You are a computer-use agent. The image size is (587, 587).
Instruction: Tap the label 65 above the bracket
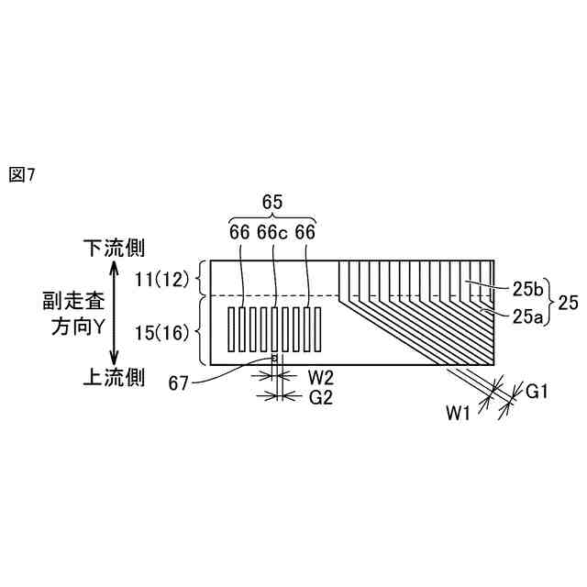[272, 202]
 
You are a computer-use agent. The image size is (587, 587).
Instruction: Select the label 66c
[272, 233]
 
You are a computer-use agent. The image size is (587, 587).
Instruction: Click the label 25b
[527, 290]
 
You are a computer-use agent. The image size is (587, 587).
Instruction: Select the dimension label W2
[321, 376]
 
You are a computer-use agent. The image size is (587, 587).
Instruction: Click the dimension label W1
[460, 414]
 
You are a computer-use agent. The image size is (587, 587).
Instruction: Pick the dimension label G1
[537, 392]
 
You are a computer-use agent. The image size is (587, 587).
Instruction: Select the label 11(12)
[160, 277]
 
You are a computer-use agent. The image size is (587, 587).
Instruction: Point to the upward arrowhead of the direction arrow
[113, 267]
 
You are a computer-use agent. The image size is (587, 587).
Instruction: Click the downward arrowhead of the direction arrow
[113, 360]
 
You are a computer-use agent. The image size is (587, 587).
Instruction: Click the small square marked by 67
[273, 358]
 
